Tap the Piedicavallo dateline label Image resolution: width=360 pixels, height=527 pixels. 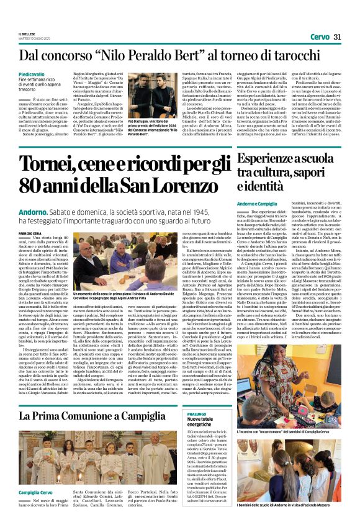31,74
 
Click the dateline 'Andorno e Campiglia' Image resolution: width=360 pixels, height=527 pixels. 257,203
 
